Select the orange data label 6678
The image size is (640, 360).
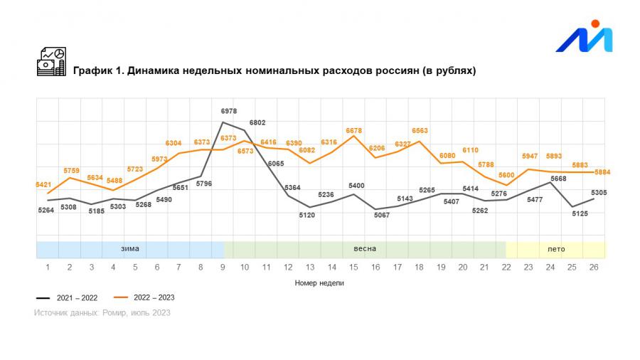pos(354,130)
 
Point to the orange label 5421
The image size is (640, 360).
pos(43,185)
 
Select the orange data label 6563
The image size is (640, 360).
pos(420,130)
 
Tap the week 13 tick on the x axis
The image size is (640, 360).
pos(310,267)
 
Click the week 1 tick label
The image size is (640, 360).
pos(48,267)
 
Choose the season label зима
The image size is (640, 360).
pos(129,249)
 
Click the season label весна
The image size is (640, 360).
pos(365,249)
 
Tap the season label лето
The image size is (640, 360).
pos(556,249)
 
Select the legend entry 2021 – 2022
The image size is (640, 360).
pos(67,297)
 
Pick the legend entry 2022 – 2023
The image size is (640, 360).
pos(145,297)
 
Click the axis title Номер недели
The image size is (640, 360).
pos(321,282)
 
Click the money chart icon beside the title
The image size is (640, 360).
pos(51,62)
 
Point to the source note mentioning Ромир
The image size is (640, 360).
pos(102,312)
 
